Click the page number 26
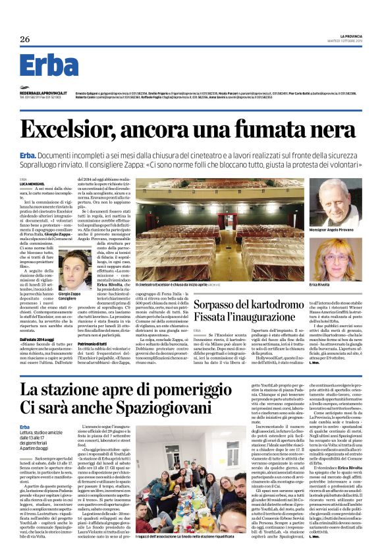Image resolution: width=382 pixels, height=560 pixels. (25, 40)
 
